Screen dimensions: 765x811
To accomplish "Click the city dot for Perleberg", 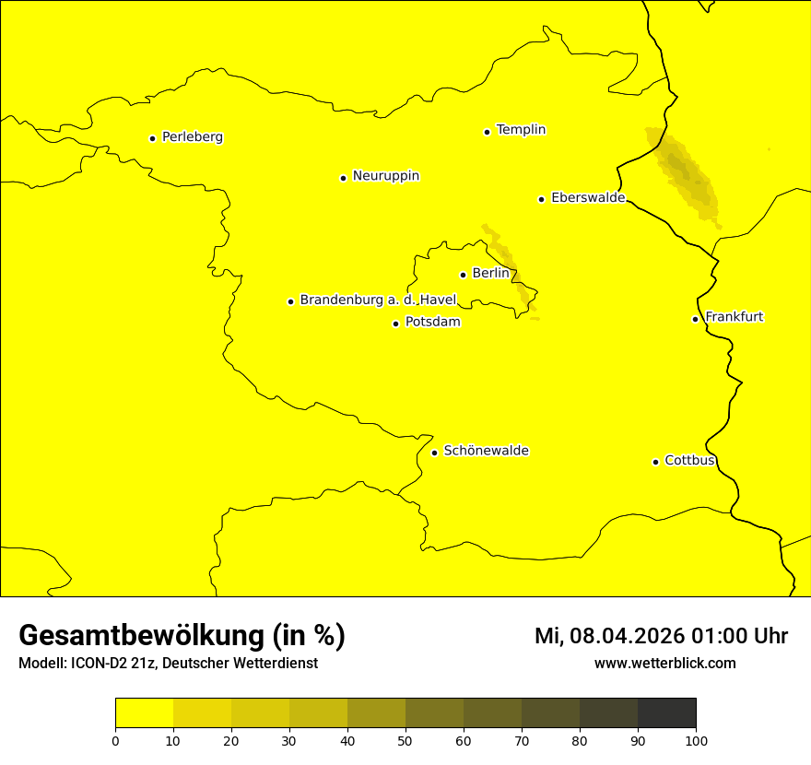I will (x=152, y=138).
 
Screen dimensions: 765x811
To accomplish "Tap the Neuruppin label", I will (x=385, y=176).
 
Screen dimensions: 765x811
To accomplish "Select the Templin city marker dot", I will (x=487, y=132).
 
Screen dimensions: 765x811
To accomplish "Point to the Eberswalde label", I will (x=588, y=198).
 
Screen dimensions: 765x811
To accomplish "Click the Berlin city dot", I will (x=463, y=275).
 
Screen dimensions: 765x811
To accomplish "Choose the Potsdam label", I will (x=432, y=323).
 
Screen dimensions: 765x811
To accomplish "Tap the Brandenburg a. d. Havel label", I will (x=378, y=300).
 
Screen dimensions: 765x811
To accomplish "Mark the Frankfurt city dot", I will (x=695, y=319).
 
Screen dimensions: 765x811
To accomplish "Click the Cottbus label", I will (x=689, y=460).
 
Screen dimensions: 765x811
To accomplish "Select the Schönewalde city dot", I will (x=434, y=453).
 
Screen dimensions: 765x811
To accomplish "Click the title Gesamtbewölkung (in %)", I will (x=182, y=636).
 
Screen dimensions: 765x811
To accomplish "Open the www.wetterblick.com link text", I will (x=664, y=663).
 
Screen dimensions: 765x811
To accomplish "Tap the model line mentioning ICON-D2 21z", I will (x=168, y=663).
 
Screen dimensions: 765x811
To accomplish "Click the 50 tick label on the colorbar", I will (x=405, y=740).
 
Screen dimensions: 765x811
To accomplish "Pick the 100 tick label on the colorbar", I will (x=696, y=740).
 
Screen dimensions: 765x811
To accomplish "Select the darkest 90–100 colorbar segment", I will (x=666, y=713).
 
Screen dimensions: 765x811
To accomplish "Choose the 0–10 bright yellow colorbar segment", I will (x=144, y=713).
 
